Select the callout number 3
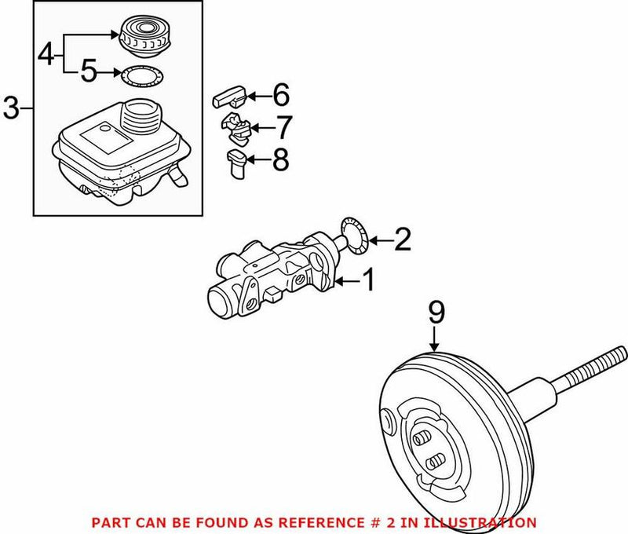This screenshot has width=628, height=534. pos(11,108)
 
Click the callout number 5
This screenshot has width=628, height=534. pos(89,74)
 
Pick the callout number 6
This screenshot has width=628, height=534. pos(280,97)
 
